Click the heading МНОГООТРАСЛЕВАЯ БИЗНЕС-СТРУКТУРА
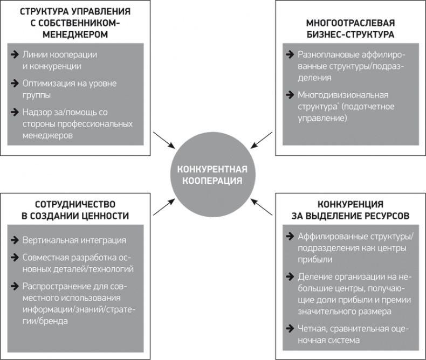351,29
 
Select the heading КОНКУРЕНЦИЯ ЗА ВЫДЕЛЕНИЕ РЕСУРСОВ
351,210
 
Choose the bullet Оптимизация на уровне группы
70,89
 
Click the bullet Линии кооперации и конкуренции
59,60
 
